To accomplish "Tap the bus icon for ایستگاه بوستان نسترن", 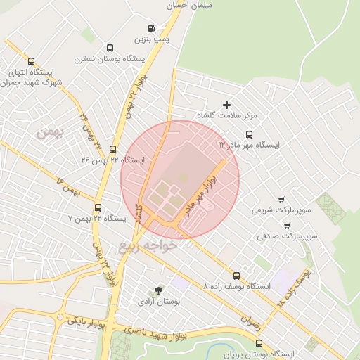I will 110,48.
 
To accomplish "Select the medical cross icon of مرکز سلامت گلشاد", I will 226,105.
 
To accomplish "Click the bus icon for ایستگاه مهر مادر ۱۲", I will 249,134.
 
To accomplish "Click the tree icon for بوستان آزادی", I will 158,290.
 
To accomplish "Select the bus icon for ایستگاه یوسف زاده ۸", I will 236,276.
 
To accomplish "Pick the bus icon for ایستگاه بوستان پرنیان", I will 259,343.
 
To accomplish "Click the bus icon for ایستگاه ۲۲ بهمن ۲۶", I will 112,148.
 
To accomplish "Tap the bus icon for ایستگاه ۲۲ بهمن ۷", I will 98,207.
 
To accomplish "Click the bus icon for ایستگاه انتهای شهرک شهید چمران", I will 30,61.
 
